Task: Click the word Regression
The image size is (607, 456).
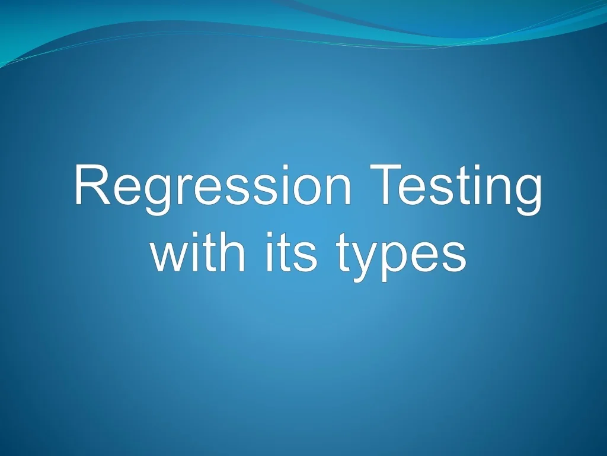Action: [213, 187]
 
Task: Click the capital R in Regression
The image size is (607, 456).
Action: [90, 186]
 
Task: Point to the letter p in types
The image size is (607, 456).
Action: [391, 261]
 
